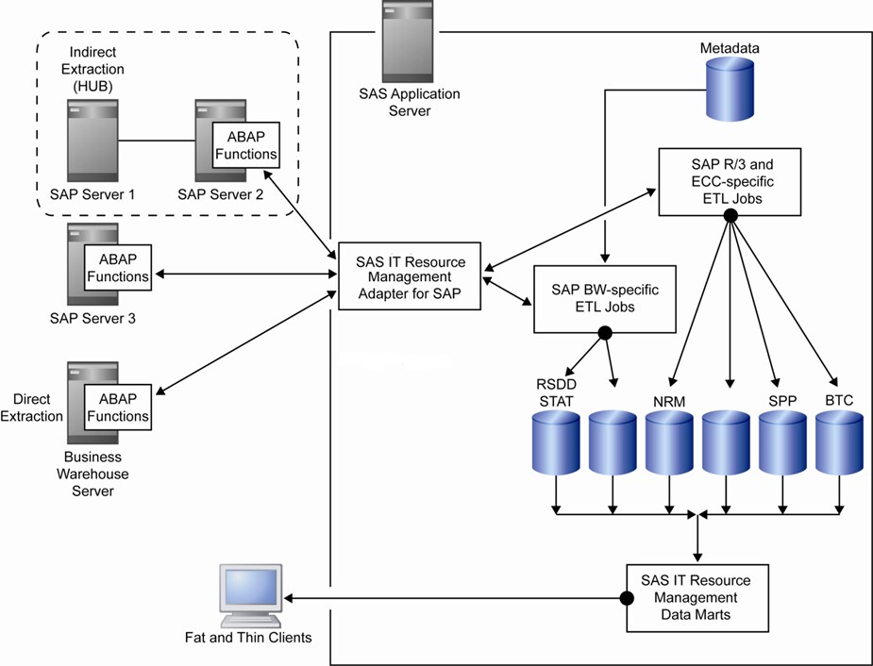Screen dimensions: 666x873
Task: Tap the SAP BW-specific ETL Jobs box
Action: coord(605,298)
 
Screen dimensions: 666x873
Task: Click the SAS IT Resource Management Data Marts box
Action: coord(696,598)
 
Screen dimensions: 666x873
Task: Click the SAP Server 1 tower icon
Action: coord(92,142)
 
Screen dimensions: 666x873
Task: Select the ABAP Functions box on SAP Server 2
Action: coord(245,145)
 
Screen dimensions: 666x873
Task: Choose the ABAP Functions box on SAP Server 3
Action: coord(117,268)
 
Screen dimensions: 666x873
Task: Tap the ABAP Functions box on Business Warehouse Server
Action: coord(117,408)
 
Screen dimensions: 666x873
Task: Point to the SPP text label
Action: coord(782,401)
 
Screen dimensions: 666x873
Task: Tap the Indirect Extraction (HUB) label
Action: coord(97,70)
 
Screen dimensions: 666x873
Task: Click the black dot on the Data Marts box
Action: coord(625,598)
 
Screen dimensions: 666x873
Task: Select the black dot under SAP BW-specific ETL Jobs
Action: coord(605,333)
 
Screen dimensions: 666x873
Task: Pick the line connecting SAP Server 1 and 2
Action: coord(156,142)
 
